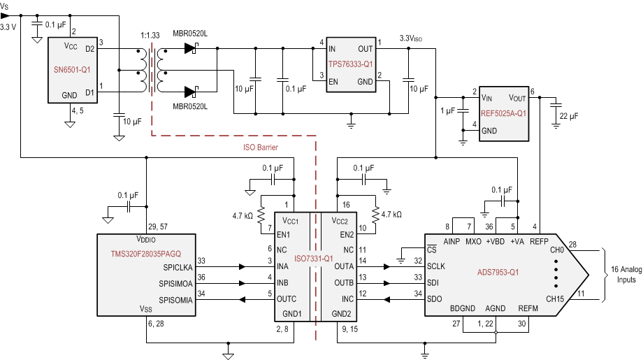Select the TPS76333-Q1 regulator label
coord(353,63)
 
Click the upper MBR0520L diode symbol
coord(192,48)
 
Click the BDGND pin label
coord(462,308)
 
